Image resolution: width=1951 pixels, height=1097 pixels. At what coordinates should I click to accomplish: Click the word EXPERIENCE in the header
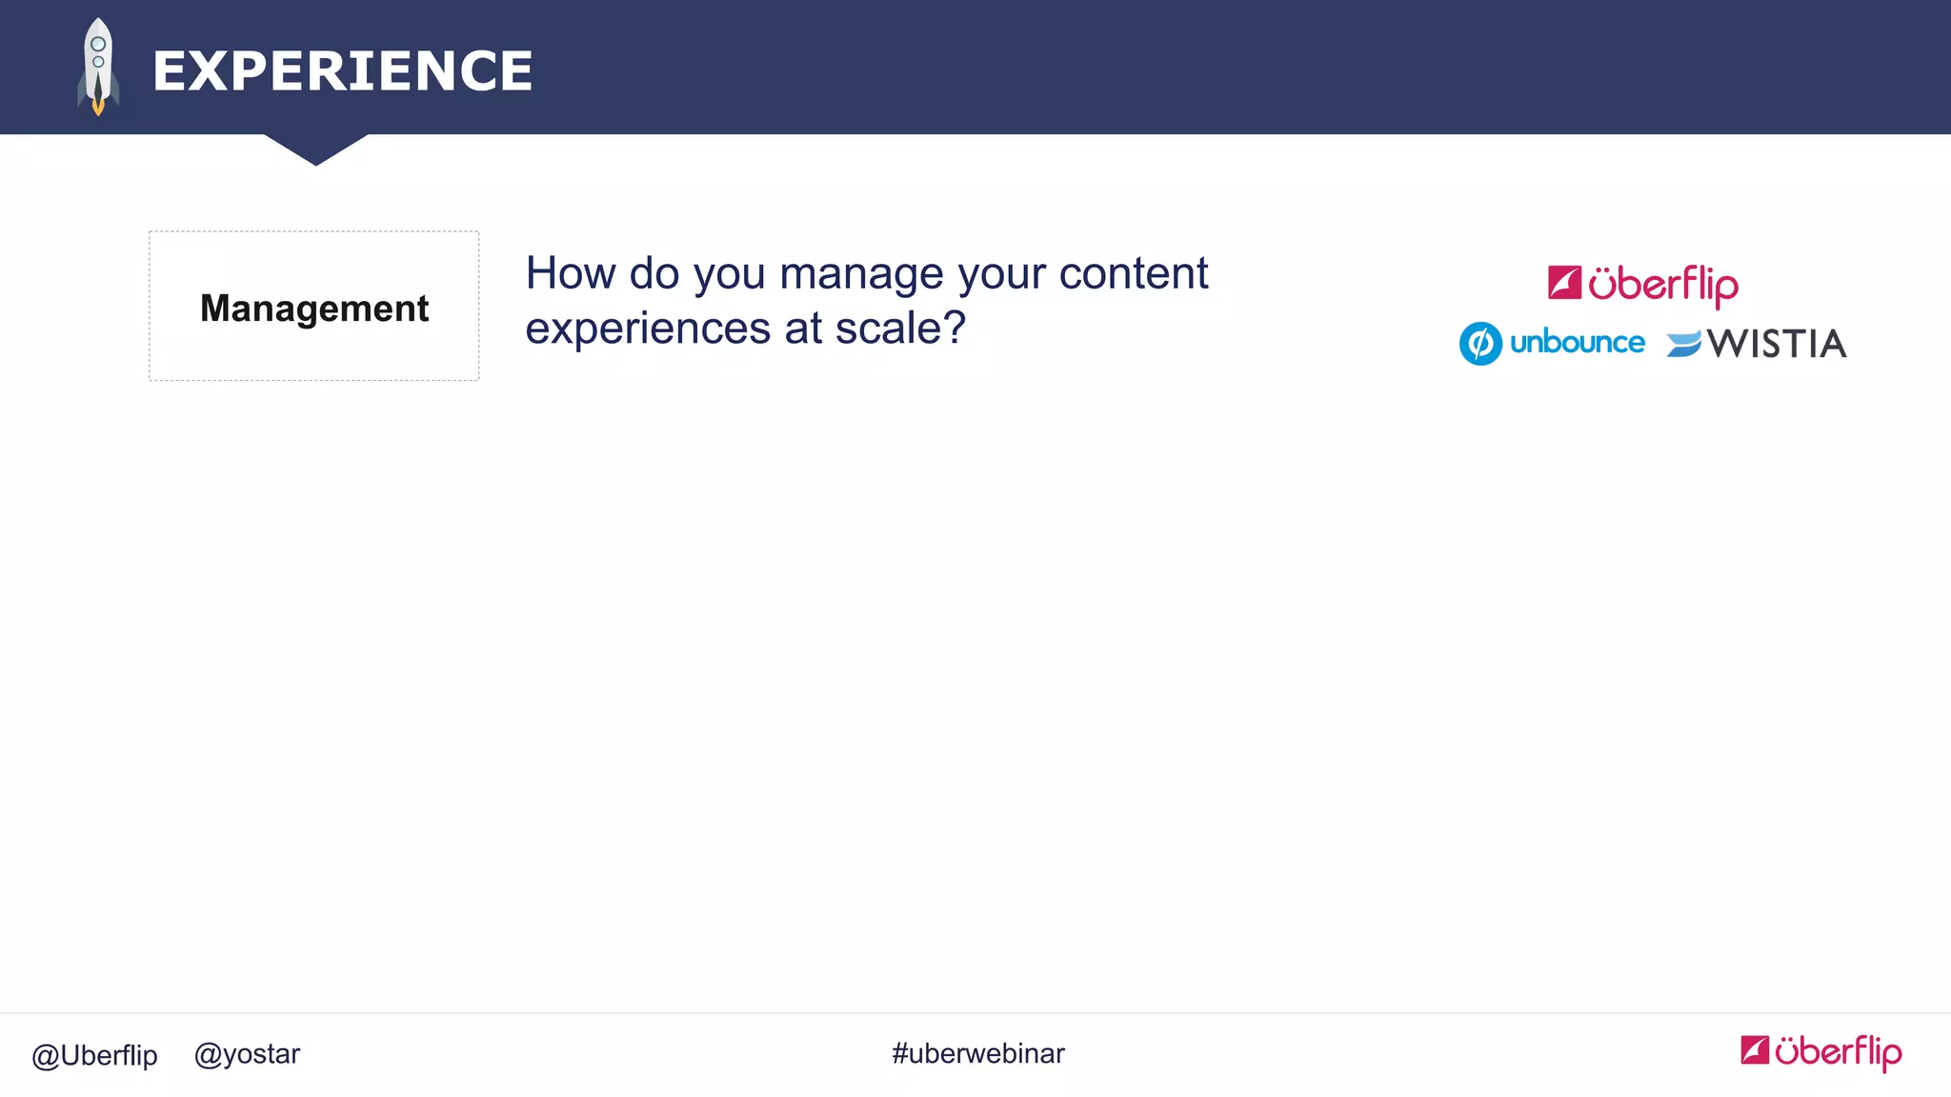(342, 71)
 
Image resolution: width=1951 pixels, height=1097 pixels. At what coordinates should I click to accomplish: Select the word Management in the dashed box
(314, 309)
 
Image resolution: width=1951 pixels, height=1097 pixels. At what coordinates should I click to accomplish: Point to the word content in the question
(1133, 273)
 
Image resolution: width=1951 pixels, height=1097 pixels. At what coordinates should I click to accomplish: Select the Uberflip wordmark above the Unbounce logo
(1662, 285)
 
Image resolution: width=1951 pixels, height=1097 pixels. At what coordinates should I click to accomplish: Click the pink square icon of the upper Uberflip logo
(1564, 283)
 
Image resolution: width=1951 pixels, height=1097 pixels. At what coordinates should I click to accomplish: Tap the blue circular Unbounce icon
(1480, 344)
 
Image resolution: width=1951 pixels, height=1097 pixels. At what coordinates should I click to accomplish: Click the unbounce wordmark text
(1577, 343)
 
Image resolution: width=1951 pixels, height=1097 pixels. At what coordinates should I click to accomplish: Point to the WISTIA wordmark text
(1776, 344)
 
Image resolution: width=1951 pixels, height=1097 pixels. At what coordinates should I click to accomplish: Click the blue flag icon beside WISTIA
(1683, 344)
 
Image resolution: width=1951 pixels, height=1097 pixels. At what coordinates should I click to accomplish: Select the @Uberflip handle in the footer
(94, 1055)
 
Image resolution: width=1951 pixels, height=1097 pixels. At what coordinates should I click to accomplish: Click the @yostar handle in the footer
(247, 1054)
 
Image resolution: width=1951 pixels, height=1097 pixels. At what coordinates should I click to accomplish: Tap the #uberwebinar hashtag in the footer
(977, 1054)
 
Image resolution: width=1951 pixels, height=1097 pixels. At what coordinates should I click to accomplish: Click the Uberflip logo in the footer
(1820, 1051)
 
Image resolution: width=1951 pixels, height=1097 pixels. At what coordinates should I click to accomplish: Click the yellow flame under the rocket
(98, 107)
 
